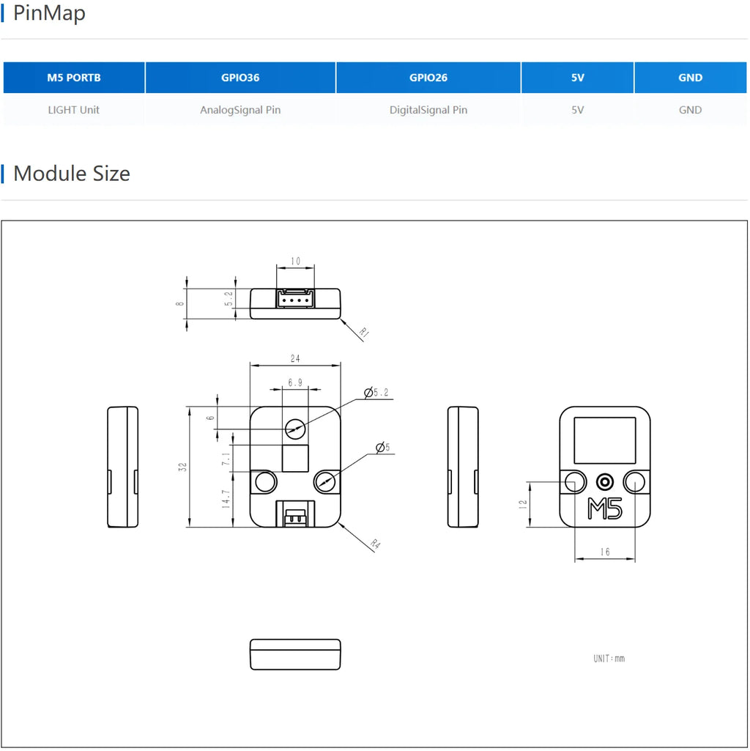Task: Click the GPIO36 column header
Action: (240, 78)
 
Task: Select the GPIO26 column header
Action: (428, 78)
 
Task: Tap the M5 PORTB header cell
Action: (74, 78)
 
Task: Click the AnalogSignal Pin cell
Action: (240, 110)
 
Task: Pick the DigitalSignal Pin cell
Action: (428, 110)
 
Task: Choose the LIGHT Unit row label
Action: (74, 110)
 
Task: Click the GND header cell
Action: (690, 78)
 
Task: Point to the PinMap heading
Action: (49, 13)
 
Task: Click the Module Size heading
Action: (72, 174)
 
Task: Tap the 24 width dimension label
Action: (295, 358)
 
